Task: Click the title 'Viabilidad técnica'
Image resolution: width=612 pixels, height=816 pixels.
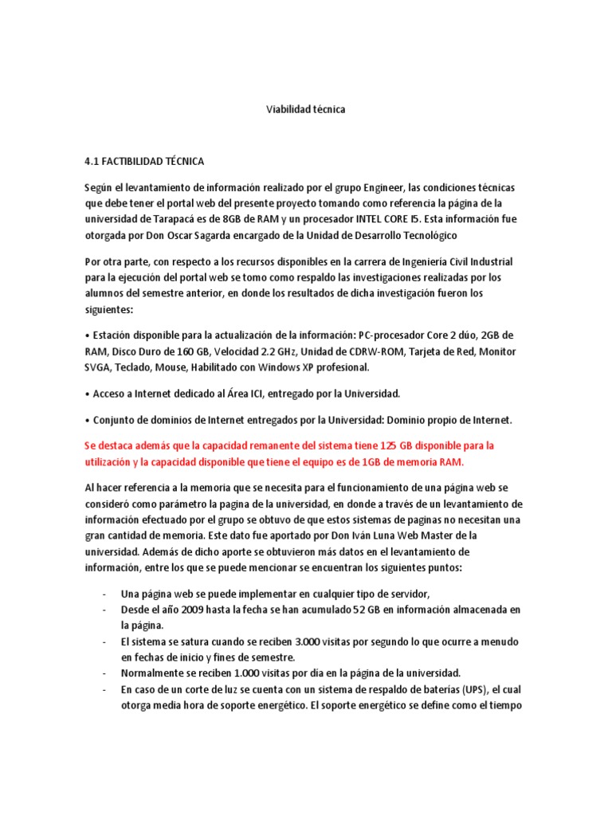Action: click(305, 109)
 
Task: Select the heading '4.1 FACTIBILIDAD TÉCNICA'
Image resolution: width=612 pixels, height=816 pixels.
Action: click(144, 162)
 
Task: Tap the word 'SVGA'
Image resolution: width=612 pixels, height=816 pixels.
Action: click(100, 367)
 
